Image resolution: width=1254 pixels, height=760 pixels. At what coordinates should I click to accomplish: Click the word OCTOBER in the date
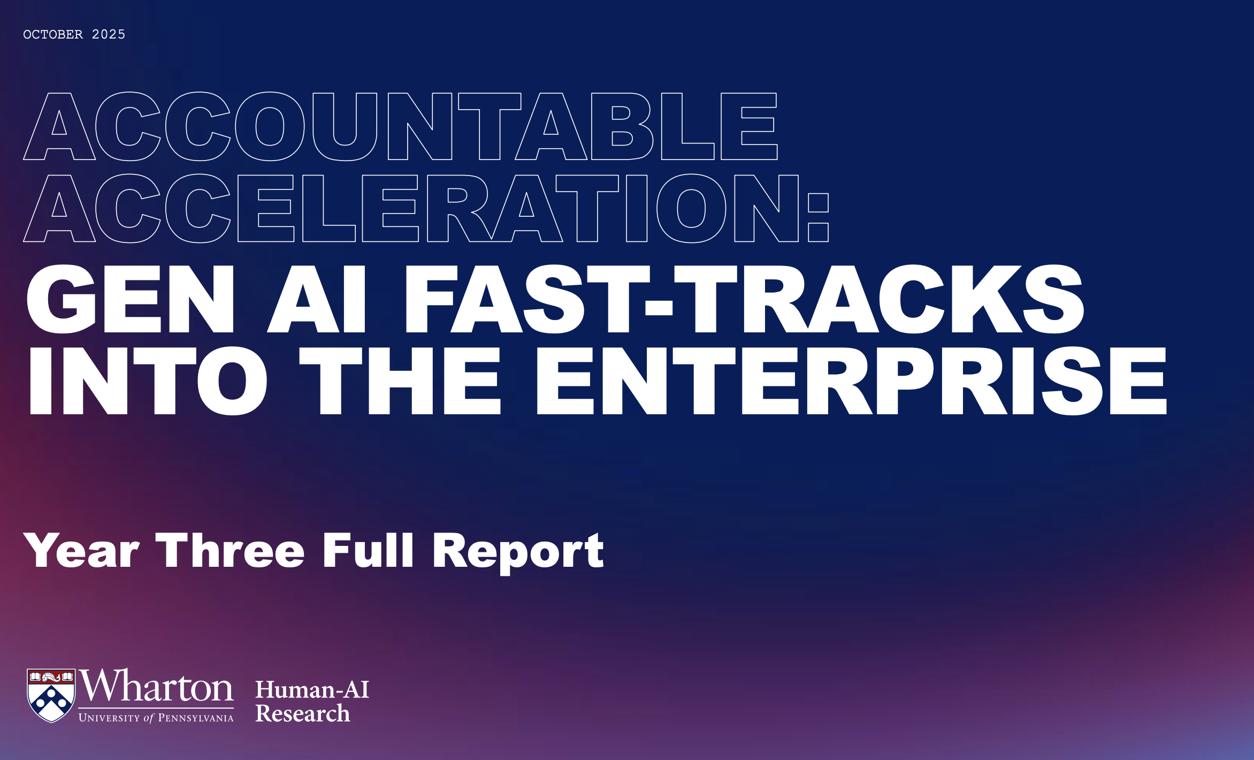click(x=53, y=35)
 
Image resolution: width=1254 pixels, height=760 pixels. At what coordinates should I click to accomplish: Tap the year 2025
click(x=109, y=35)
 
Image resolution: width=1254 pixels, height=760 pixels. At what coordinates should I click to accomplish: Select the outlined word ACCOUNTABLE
click(x=400, y=126)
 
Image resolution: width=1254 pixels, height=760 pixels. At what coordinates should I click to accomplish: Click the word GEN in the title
click(x=131, y=300)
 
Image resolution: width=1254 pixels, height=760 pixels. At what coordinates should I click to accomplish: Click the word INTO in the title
click(x=147, y=381)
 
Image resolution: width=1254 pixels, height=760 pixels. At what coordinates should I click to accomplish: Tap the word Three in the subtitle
click(x=230, y=551)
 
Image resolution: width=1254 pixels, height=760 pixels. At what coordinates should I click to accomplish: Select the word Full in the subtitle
click(x=368, y=551)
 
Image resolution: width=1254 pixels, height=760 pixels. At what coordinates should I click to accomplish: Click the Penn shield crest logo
click(x=51, y=695)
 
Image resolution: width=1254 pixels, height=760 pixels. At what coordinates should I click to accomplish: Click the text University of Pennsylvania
click(x=156, y=718)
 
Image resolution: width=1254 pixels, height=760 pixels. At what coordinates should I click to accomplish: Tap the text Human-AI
click(x=312, y=690)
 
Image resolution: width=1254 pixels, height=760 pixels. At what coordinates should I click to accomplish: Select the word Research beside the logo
click(x=302, y=714)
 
